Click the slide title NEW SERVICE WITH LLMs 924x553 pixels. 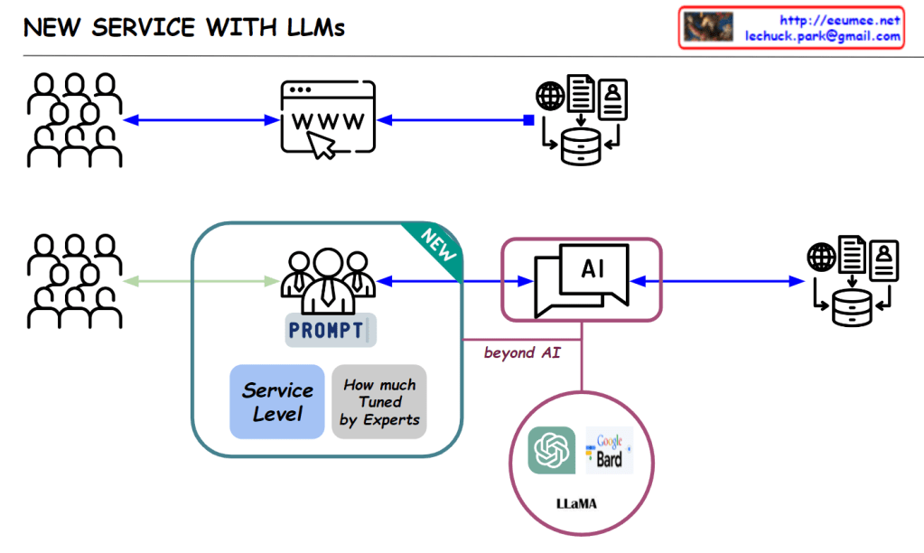(x=183, y=27)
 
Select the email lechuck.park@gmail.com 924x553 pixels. (x=823, y=36)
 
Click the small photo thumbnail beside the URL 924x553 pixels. (x=708, y=27)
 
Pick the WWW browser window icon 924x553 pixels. (x=328, y=120)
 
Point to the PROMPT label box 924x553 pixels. (x=330, y=331)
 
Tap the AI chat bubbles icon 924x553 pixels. (x=581, y=279)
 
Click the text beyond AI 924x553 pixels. (x=522, y=352)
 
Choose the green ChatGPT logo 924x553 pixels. (x=552, y=450)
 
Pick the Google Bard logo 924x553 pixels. (x=610, y=450)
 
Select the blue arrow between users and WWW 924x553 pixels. (x=200, y=120)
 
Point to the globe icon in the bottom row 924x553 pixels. (x=822, y=257)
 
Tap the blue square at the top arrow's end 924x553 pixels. (x=529, y=120)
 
